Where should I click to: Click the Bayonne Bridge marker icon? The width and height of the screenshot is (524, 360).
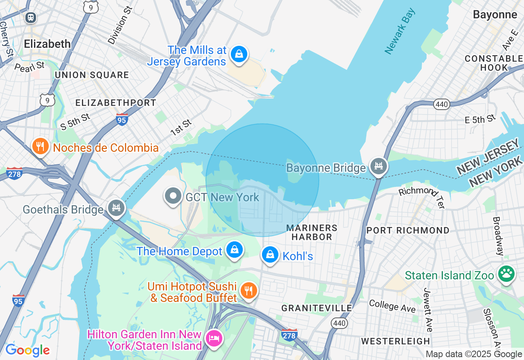379,166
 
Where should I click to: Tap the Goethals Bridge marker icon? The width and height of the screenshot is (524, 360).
116,208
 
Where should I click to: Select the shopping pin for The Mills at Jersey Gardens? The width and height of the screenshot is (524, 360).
239,54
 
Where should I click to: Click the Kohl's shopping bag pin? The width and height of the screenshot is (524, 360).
270,254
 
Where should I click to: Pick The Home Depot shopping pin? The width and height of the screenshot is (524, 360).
235,249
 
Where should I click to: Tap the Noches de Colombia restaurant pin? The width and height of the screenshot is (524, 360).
40,146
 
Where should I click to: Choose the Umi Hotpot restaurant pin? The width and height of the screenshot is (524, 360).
248,290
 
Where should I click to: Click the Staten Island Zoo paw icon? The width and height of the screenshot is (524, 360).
506,274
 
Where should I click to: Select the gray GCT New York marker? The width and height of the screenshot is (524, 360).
173,196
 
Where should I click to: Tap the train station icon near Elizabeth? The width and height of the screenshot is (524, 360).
31,17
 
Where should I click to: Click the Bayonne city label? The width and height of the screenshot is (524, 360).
495,15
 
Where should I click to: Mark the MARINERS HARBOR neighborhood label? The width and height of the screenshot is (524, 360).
312,232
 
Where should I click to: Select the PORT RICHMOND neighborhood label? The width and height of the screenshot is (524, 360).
408,230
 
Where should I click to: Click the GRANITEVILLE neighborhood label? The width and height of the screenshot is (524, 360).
316,308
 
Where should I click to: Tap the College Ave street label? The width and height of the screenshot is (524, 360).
392,305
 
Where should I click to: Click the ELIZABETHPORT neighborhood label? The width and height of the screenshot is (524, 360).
116,103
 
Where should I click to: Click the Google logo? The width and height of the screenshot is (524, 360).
27,350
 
